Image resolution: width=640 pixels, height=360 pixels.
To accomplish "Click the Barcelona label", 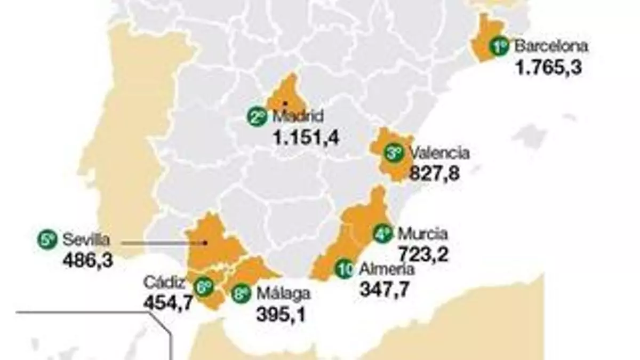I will coord(551,46).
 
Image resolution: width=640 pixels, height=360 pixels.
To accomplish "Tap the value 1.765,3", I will coord(547,68).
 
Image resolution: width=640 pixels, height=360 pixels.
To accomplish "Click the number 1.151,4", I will coord(305,138).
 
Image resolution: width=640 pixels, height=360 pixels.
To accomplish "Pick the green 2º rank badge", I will coord(258,117).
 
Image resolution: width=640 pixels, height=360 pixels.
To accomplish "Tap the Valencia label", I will coord(439,154).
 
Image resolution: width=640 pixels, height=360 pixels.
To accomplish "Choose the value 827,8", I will coord(434,174).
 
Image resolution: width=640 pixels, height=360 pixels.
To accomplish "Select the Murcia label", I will coord(422,234).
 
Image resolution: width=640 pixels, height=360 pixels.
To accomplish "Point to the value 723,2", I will coord(423,254).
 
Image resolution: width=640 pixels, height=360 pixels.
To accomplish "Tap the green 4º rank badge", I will coord(382,234).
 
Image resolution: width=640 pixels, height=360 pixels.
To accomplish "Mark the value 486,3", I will coord(87,261).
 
